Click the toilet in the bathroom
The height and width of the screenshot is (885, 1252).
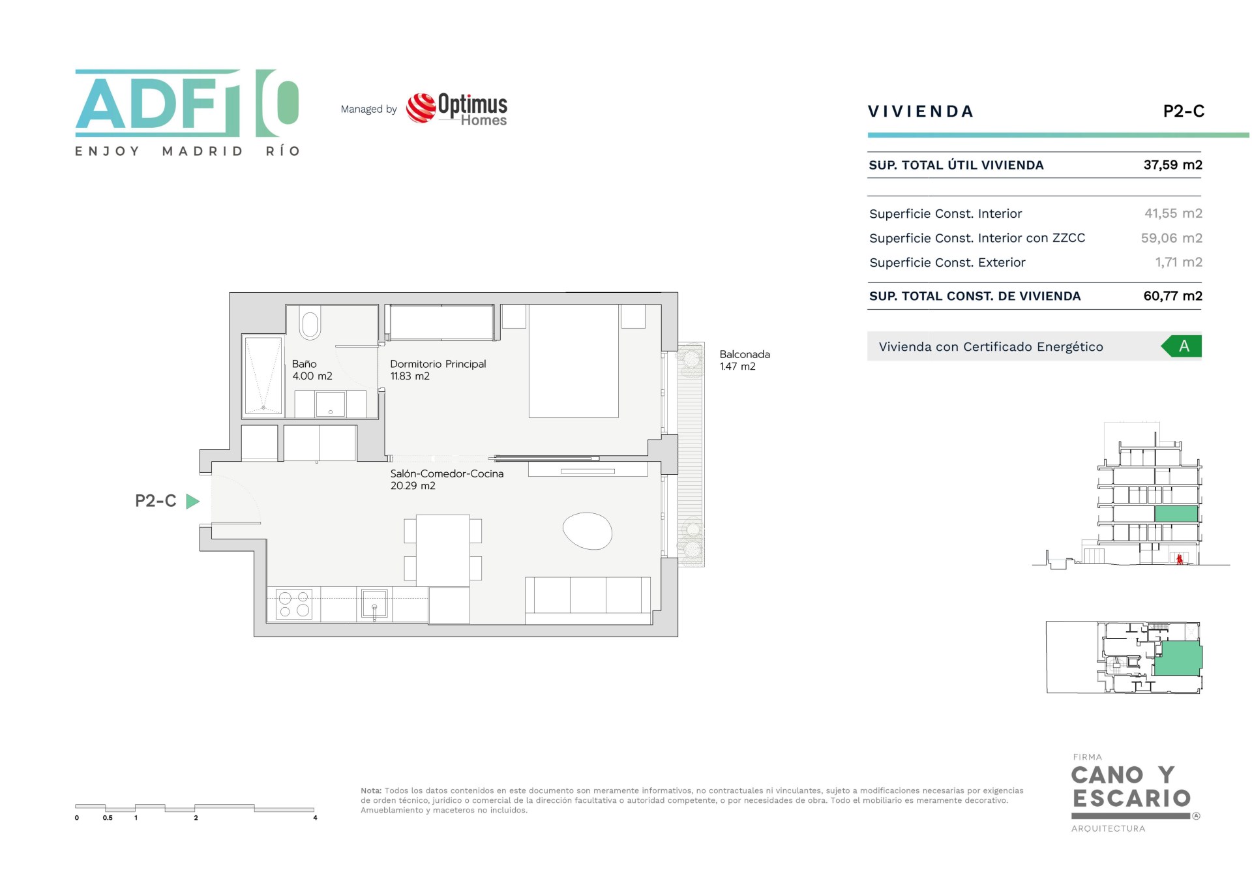(x=310, y=323)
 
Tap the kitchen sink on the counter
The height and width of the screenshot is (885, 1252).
(x=374, y=603)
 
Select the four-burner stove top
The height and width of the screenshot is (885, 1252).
(x=294, y=604)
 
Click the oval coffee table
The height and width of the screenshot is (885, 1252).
(x=588, y=531)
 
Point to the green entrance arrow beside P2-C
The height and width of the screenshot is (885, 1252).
(x=192, y=502)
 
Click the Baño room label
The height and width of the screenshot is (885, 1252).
(x=305, y=364)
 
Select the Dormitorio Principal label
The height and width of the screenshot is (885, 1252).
(x=438, y=364)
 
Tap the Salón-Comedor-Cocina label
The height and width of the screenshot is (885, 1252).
(x=447, y=473)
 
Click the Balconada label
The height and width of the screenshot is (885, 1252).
(x=745, y=354)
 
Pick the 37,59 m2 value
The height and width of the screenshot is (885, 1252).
(x=1172, y=165)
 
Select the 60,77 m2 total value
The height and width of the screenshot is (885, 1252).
(x=1172, y=296)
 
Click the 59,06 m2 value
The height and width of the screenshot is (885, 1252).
(x=1171, y=238)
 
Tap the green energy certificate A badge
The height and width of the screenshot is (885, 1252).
(x=1182, y=346)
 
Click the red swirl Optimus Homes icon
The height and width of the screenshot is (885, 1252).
(x=421, y=108)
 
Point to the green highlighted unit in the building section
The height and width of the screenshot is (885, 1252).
(x=1176, y=513)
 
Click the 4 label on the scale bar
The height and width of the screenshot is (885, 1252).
(x=315, y=818)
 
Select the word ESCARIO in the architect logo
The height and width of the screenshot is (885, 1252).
(x=1132, y=798)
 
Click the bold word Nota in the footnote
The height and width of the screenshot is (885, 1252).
(x=371, y=790)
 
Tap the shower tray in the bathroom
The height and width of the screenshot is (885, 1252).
(x=263, y=376)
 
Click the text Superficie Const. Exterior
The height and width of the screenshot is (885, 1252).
(x=947, y=262)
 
